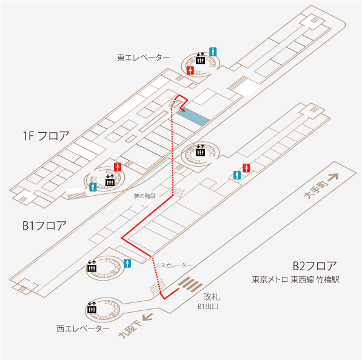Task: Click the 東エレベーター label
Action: tap(143, 58)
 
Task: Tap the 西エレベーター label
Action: tap(83, 328)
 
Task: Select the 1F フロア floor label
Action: tap(46, 136)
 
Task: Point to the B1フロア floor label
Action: tap(44, 225)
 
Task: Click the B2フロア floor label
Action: tap(315, 266)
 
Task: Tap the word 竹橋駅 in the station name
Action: tap(328, 279)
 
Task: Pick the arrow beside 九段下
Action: tap(147, 316)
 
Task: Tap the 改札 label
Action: tap(212, 297)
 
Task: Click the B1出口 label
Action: tap(208, 307)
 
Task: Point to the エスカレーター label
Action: tap(173, 265)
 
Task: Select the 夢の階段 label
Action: tap(145, 196)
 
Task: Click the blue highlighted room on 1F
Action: tap(193, 116)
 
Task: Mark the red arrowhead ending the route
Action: tap(183, 110)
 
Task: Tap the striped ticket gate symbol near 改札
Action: tap(190, 284)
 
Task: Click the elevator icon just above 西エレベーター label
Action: tap(92, 308)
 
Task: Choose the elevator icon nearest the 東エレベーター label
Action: tap(200, 59)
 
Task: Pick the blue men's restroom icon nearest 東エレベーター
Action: tap(213, 52)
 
